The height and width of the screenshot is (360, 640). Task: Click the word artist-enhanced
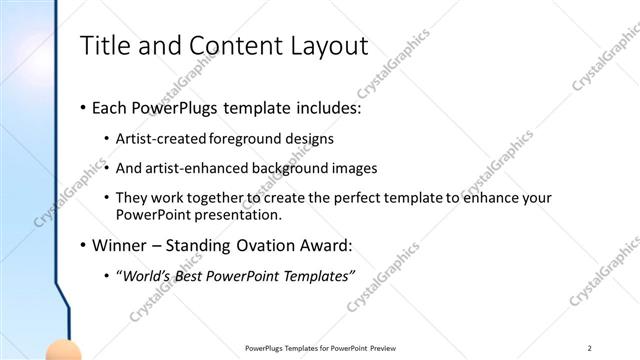(197, 167)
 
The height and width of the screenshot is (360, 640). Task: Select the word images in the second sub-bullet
(339, 167)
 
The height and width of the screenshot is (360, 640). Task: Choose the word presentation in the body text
(246, 215)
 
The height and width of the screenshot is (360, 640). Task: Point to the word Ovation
(281, 245)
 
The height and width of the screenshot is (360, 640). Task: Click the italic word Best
(196, 275)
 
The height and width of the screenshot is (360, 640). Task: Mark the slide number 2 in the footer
(590, 347)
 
